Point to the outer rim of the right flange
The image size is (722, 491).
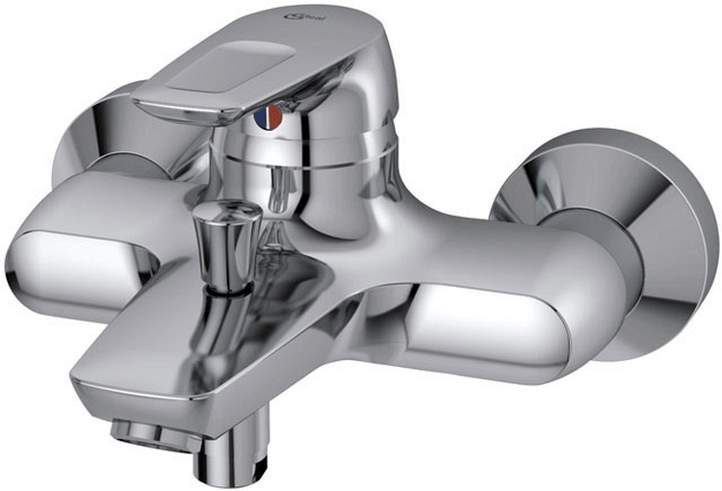(703, 250)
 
